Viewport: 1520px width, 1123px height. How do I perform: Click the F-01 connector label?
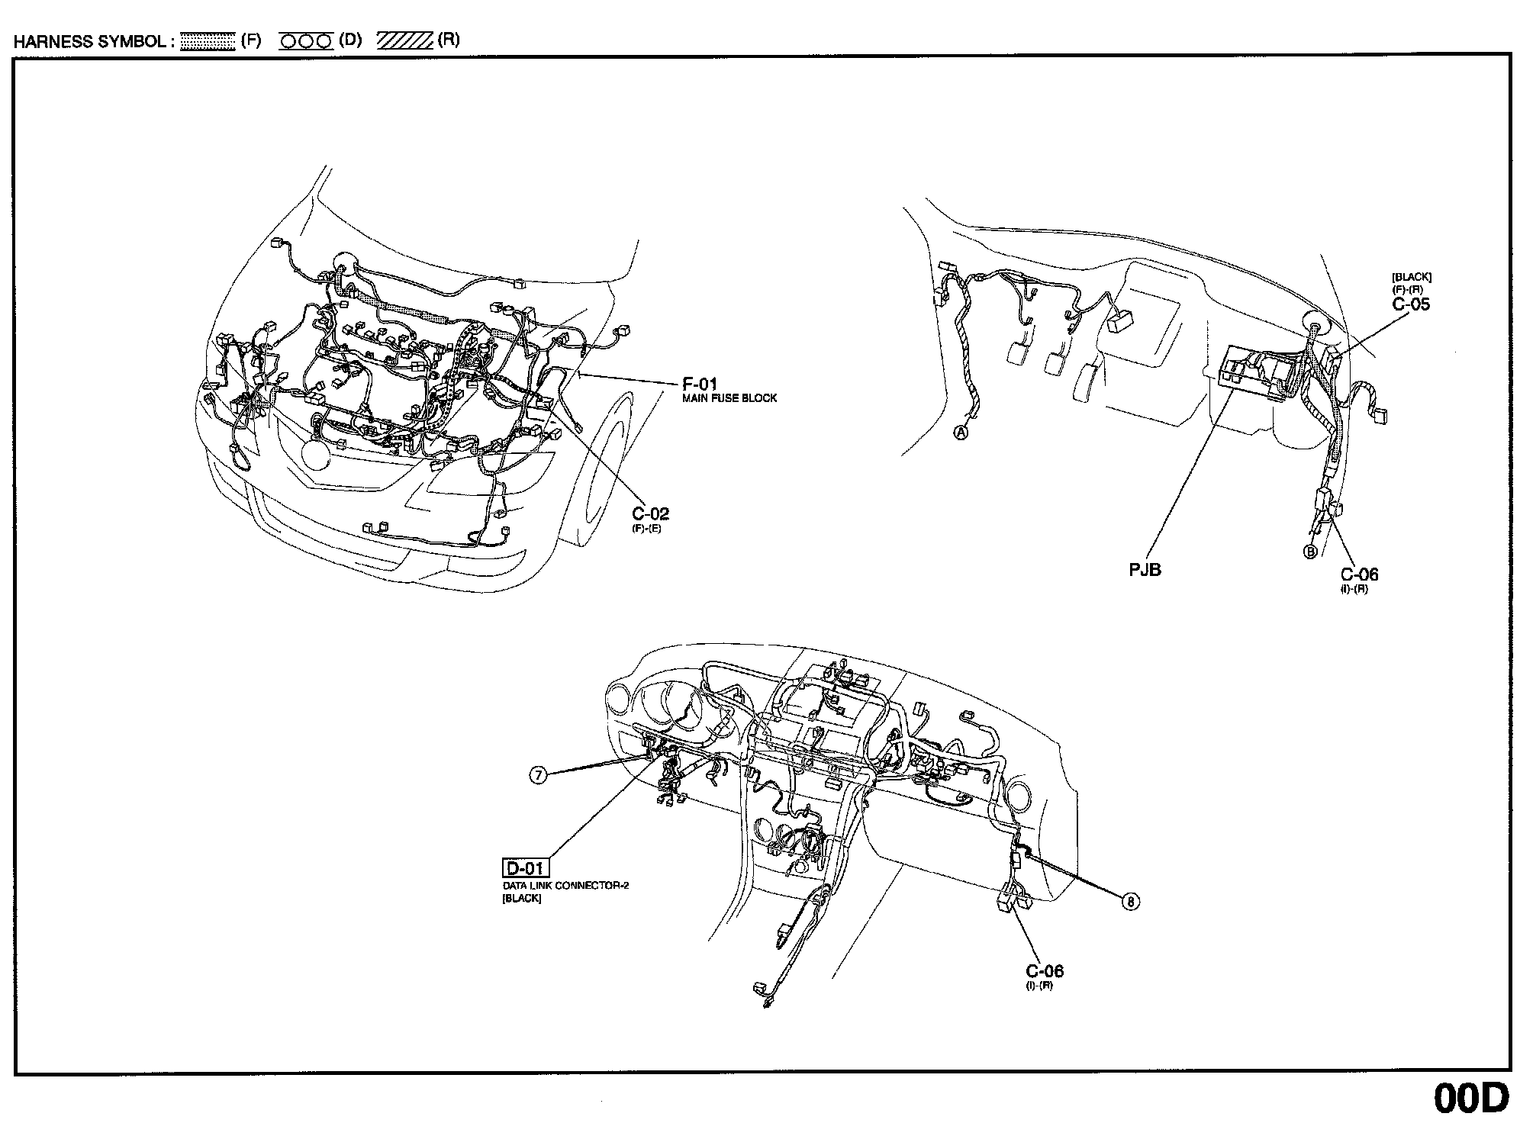click(x=699, y=385)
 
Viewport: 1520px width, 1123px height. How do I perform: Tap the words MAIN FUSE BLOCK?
click(x=729, y=398)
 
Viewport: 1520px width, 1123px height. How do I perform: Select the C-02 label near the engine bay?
click(x=650, y=513)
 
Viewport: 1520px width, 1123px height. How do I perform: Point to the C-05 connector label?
click(x=1411, y=304)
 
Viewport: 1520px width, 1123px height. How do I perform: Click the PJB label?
click(x=1145, y=569)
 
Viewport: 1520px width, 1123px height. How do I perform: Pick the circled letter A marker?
click(x=961, y=433)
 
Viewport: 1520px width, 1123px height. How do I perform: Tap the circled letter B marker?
click(x=1310, y=552)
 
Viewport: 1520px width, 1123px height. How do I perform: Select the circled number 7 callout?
click(x=539, y=775)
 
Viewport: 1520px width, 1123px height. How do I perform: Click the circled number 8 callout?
click(x=1131, y=902)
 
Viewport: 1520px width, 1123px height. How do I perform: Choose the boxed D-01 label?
click(x=526, y=868)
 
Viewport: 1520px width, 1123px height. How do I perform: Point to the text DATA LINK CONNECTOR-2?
click(x=565, y=886)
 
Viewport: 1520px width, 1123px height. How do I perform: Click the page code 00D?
click(x=1470, y=1098)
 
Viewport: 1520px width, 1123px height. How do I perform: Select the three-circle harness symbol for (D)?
click(x=306, y=41)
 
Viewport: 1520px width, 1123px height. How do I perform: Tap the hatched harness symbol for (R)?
click(x=404, y=41)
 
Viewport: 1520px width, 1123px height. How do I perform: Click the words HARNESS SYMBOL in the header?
click(x=90, y=41)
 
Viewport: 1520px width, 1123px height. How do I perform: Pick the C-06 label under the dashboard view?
click(x=1044, y=970)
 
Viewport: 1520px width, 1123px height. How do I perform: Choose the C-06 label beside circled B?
click(x=1359, y=574)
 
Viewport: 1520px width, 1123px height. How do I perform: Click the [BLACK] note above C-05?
click(x=1411, y=278)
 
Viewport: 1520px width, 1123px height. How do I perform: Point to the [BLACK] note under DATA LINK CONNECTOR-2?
click(x=522, y=898)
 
